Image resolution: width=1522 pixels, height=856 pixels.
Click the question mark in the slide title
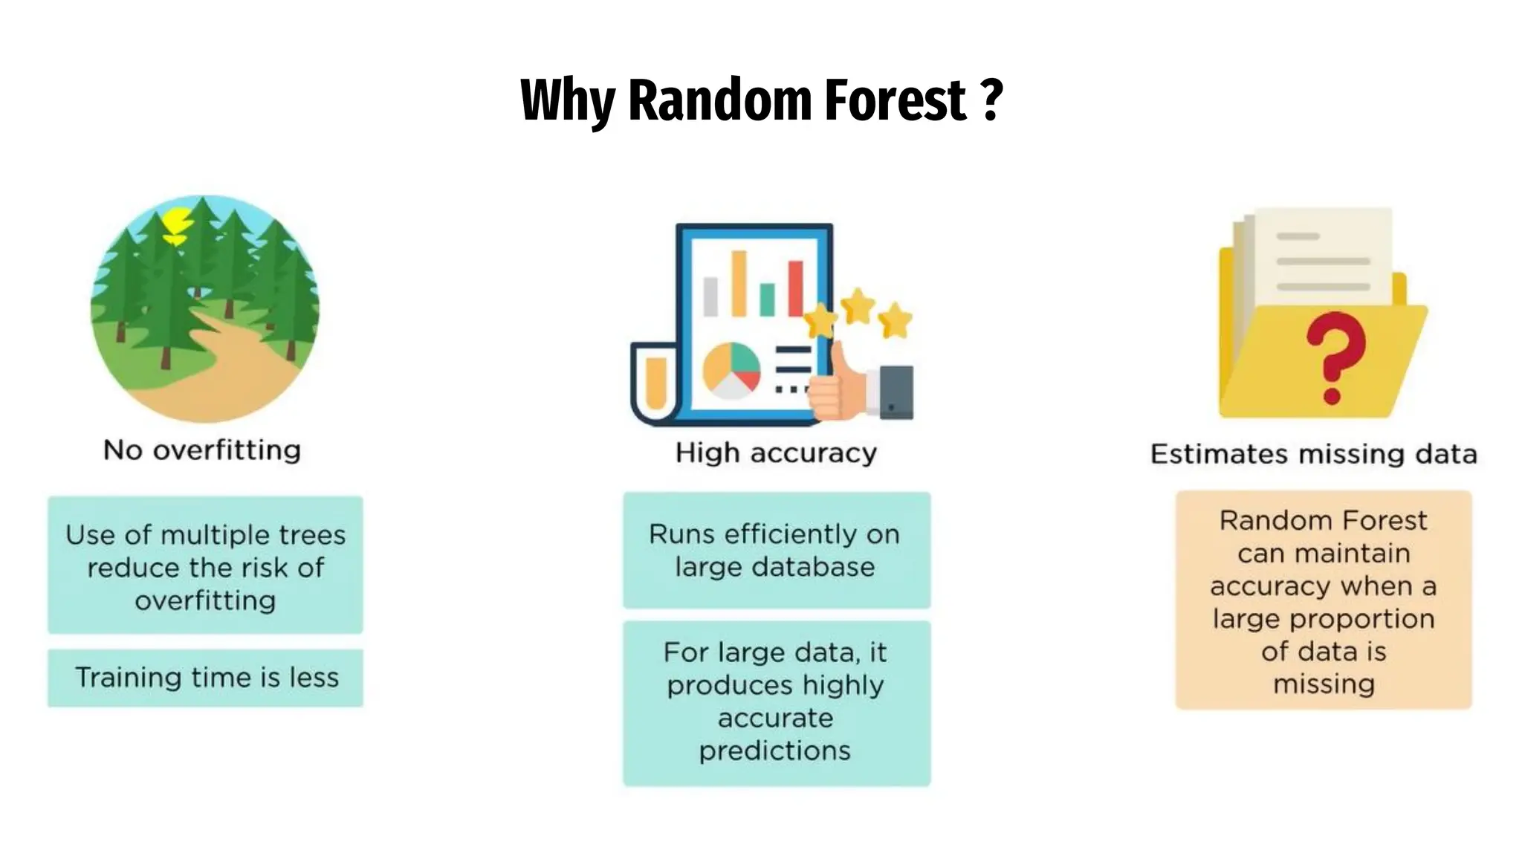pos(992,100)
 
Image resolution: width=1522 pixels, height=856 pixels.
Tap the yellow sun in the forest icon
pos(177,224)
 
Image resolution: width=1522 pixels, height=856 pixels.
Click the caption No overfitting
pos(202,450)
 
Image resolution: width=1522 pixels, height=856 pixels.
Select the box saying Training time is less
pos(206,678)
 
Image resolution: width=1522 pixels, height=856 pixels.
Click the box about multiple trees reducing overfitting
pos(206,566)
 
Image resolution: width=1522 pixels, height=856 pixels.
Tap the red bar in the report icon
pos(795,288)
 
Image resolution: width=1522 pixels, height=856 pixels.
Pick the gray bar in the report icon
pos(710,296)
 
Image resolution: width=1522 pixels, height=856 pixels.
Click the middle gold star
pos(858,305)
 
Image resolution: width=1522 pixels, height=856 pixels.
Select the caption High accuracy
pos(776,453)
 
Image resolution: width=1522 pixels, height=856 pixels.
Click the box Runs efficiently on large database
pos(776,551)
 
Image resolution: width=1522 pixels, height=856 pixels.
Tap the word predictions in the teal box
pos(774,750)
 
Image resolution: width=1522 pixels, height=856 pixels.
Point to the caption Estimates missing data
pos(1313,454)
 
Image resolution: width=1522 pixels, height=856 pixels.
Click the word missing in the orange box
pos(1324,684)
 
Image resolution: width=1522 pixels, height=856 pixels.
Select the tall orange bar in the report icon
pos(739,283)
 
